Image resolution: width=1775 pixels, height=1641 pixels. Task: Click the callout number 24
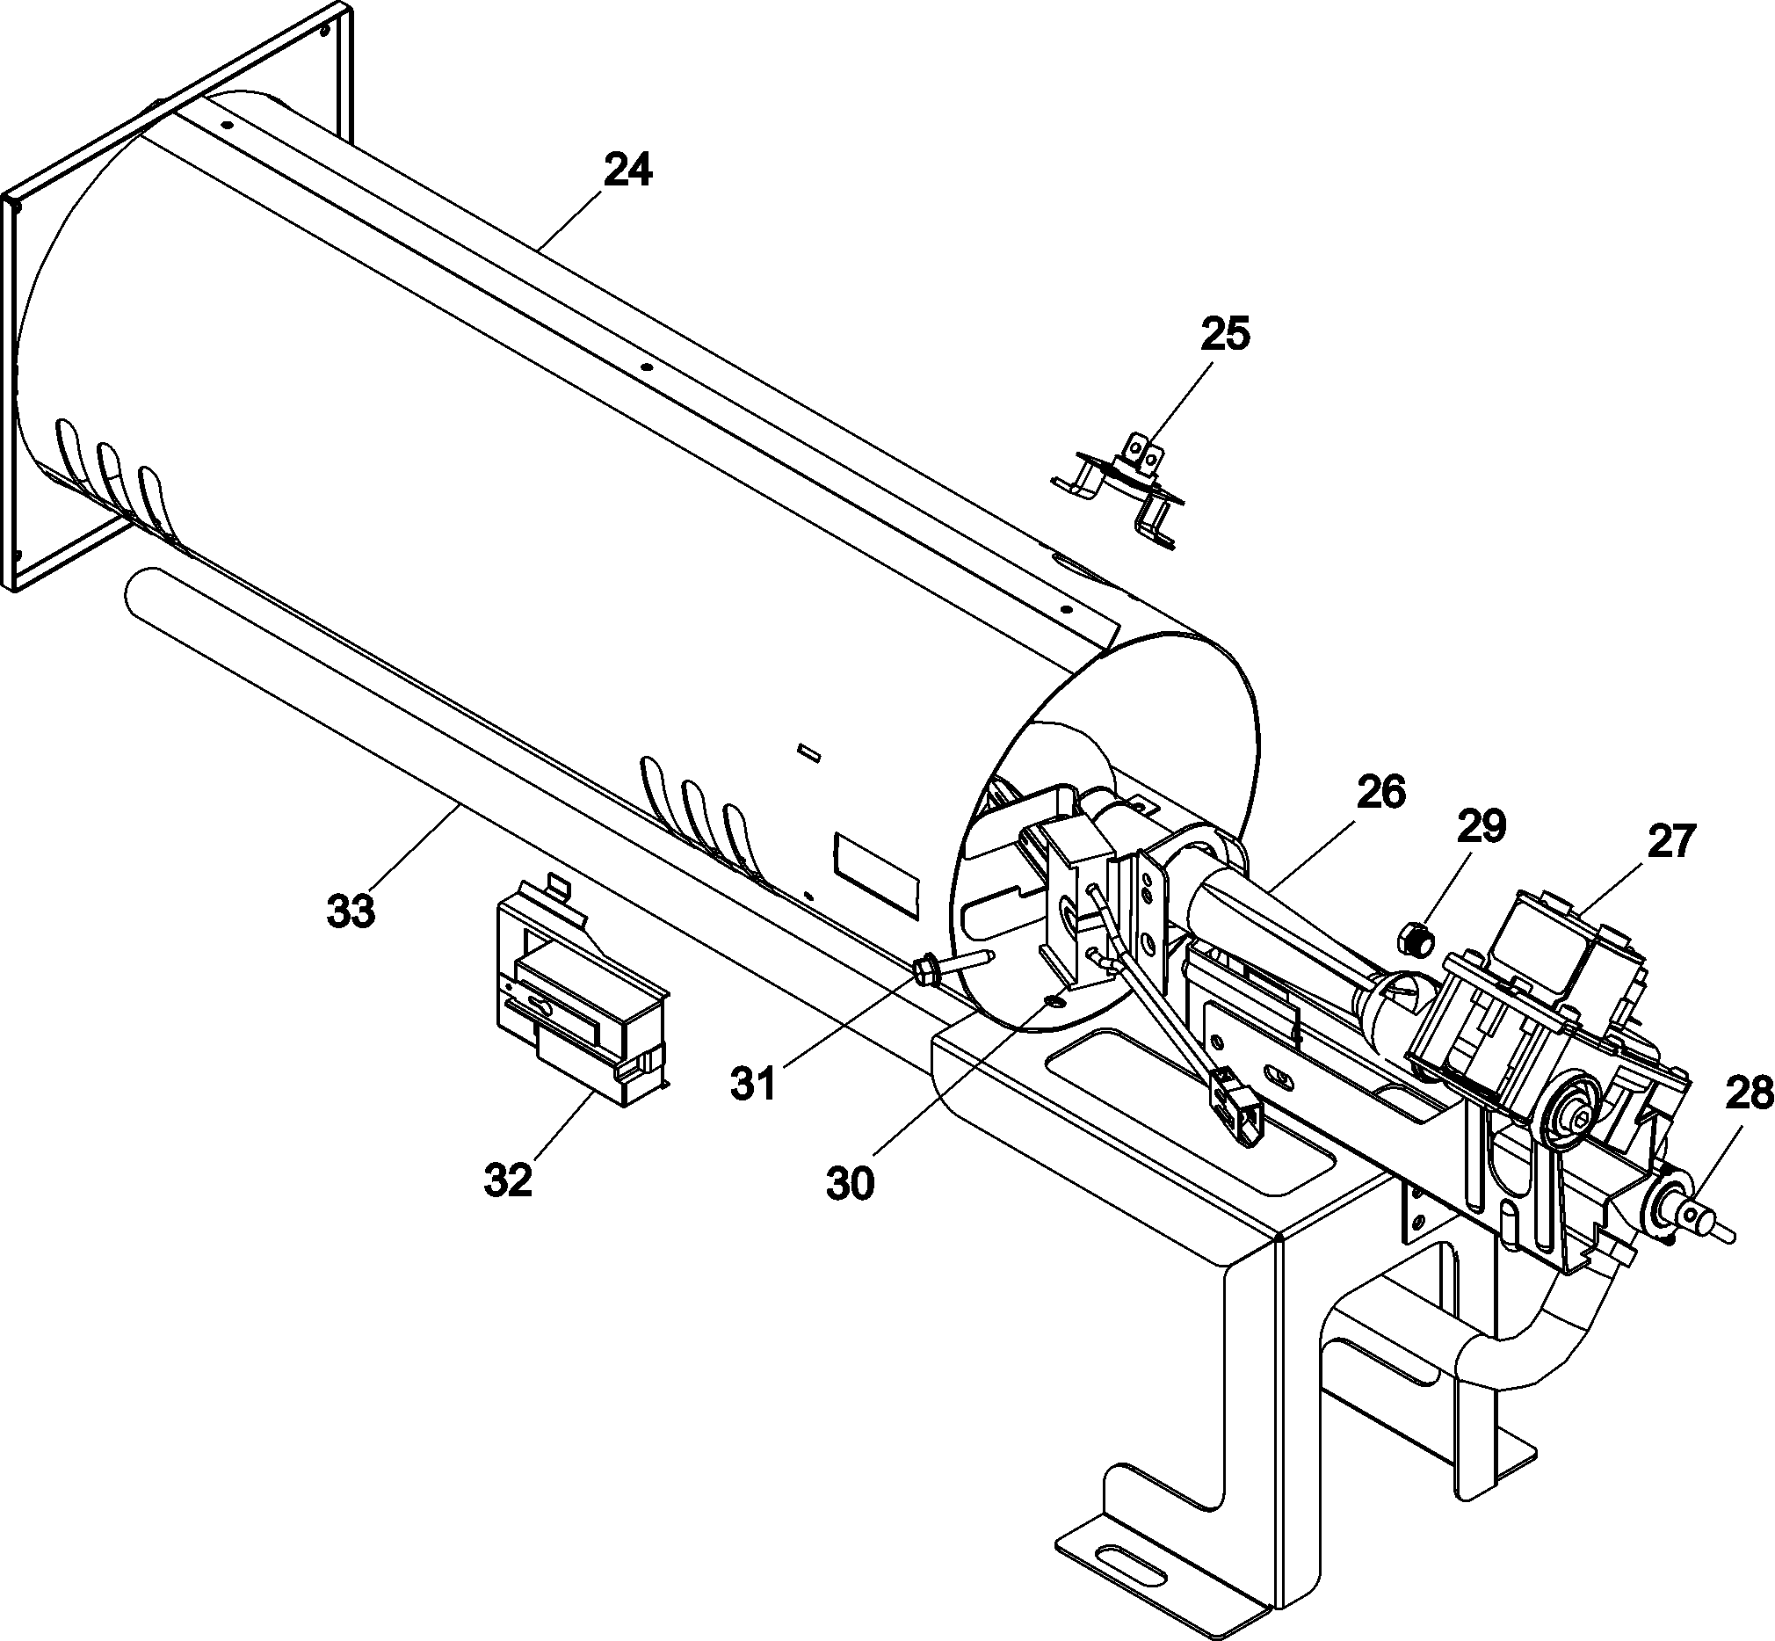click(x=627, y=171)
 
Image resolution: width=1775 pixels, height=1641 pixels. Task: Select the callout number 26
click(x=1380, y=793)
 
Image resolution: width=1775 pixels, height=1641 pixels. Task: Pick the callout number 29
click(x=1482, y=827)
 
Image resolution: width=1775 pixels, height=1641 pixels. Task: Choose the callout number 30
click(x=850, y=1184)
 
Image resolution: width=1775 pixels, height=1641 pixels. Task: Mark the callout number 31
click(x=753, y=1085)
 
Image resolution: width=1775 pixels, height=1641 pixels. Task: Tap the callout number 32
click(x=508, y=1180)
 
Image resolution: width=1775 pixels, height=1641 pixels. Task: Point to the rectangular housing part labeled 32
click(x=577, y=999)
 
